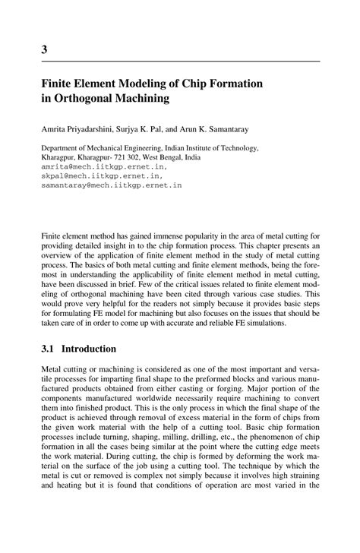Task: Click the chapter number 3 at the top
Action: point(45,50)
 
